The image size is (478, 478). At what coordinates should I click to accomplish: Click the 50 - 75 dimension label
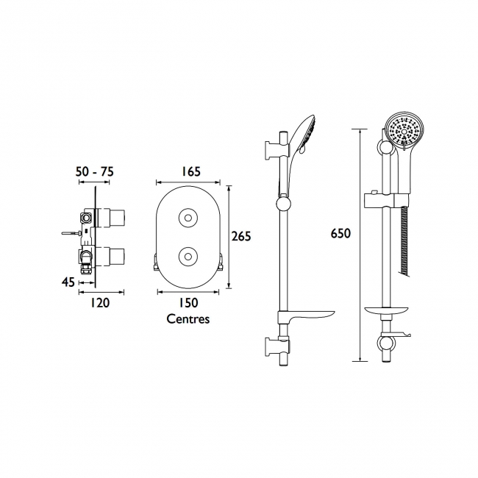(x=95, y=171)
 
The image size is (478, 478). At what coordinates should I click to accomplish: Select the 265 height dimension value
(x=241, y=236)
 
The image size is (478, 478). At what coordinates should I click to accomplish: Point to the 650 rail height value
(x=340, y=234)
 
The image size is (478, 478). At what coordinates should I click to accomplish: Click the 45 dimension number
(x=68, y=282)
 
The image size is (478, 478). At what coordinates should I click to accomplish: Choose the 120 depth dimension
(x=100, y=303)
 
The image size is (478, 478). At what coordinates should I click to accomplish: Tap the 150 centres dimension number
(x=188, y=302)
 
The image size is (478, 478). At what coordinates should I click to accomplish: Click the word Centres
(x=188, y=319)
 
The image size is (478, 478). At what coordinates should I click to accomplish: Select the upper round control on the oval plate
(x=188, y=218)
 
